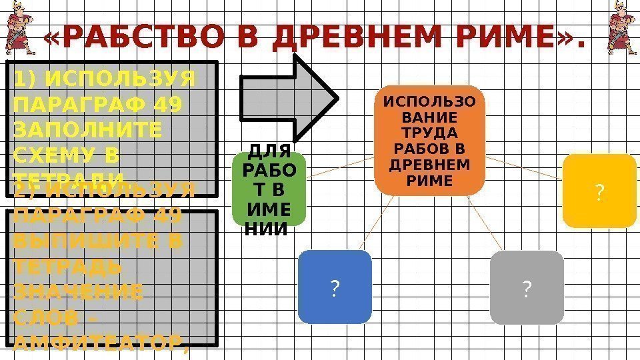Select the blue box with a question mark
coord(334,287)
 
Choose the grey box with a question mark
coord(527,287)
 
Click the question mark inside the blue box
coord(334,288)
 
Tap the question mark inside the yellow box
coord(599,193)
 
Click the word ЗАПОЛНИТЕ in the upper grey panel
coord(87,129)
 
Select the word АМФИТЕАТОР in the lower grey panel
coord(97,344)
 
